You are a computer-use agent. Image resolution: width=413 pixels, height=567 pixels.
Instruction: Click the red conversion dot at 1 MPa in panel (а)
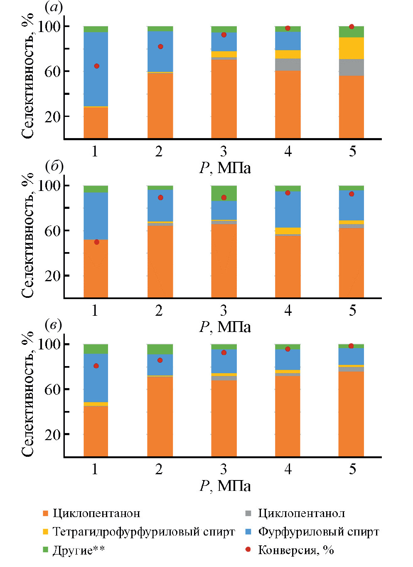pos(96,66)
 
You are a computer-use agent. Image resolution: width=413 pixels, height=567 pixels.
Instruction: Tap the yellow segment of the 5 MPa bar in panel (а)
pos(352,48)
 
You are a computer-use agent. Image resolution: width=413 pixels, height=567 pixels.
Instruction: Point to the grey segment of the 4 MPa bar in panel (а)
pos(288,64)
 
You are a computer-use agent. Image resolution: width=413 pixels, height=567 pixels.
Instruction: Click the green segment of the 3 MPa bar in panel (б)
pos(224,193)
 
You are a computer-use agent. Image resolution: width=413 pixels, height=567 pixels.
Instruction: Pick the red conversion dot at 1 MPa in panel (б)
pos(96,242)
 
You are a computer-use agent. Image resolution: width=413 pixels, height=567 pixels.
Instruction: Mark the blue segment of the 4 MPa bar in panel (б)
pos(288,209)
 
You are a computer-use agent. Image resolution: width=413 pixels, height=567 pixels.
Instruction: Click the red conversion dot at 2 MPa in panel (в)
pos(160,360)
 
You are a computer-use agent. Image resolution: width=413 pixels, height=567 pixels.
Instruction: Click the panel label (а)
pos(54,7)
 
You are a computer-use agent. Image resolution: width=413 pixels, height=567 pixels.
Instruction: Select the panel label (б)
pos(54,166)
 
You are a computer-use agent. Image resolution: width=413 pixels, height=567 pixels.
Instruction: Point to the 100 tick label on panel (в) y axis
pos(49,344)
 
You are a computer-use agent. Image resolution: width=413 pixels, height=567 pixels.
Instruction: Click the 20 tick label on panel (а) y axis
pos(53,116)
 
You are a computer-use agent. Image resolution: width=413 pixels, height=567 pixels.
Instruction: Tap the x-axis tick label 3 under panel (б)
pos(224,311)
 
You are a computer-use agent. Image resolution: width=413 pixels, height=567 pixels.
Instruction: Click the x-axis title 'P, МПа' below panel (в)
pos(225,485)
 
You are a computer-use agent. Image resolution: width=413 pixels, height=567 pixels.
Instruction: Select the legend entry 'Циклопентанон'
pos(96,513)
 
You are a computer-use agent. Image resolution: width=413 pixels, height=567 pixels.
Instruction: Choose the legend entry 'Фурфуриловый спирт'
pos(318,532)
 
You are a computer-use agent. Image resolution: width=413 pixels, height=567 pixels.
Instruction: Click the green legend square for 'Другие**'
pos(46,550)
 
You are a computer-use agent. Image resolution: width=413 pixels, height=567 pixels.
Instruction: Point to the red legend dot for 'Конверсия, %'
pos(248,550)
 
